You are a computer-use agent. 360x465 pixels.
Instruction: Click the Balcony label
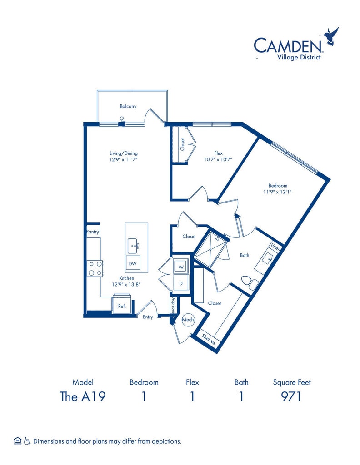pyautogui.click(x=128, y=107)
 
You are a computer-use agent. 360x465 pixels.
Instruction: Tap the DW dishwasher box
pyautogui.click(x=133, y=263)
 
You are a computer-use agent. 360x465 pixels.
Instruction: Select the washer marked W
pyautogui.click(x=180, y=267)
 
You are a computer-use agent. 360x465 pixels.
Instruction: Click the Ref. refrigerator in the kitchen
pyautogui.click(x=122, y=306)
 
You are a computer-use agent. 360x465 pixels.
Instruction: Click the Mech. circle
pyautogui.click(x=188, y=320)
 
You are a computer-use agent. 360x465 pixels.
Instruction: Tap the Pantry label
pyautogui.click(x=93, y=232)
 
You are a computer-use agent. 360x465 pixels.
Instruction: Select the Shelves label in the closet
pyautogui.click(x=209, y=338)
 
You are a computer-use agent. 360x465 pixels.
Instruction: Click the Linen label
pyautogui.click(x=276, y=247)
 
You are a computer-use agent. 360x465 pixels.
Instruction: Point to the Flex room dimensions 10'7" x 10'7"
pyautogui.click(x=218, y=159)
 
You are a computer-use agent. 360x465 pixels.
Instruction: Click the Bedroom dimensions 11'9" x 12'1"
pyautogui.click(x=277, y=192)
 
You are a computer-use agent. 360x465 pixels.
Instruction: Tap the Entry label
pyautogui.click(x=148, y=317)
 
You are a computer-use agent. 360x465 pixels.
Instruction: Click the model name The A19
pyautogui.click(x=83, y=396)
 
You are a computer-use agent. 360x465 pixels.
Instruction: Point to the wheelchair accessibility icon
pyautogui.click(x=27, y=440)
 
